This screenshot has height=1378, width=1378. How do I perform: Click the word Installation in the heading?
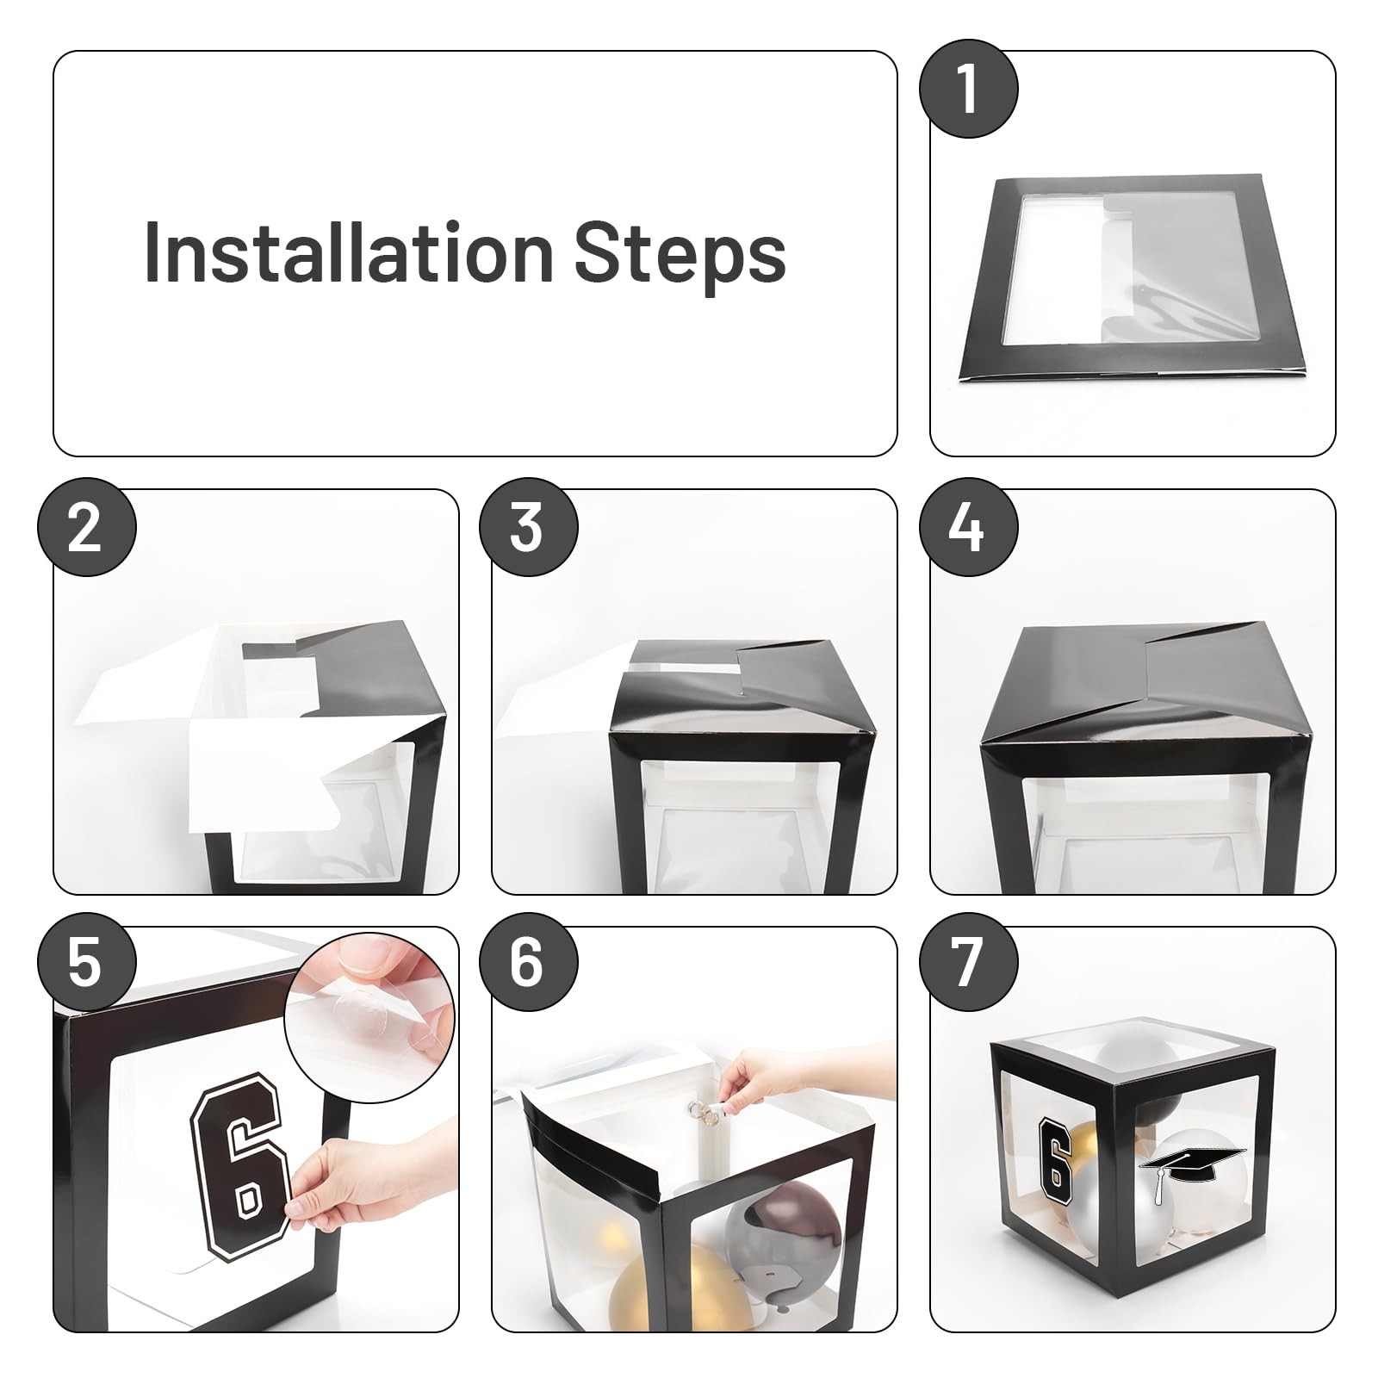tap(348, 251)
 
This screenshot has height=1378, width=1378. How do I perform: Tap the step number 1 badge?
tap(968, 90)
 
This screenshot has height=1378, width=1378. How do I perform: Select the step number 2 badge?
tap(86, 528)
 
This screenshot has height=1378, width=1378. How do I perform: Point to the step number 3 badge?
tap(527, 528)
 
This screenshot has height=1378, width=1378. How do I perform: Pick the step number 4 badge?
tap(968, 528)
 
